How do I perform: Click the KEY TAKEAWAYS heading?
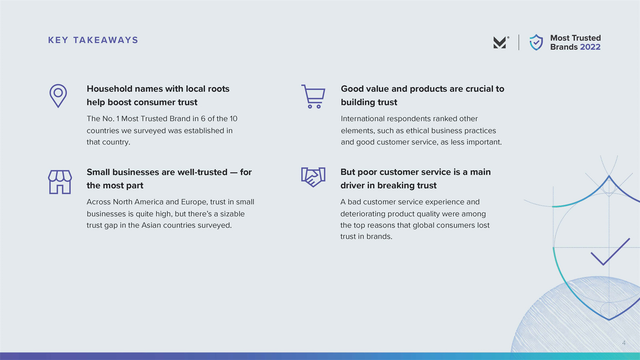coord(93,40)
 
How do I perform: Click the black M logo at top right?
coord(500,42)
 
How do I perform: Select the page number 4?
coord(624,342)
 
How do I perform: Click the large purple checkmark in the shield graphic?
coord(610,252)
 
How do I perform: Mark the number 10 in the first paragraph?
coord(234,118)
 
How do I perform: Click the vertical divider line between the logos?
coord(519,42)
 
